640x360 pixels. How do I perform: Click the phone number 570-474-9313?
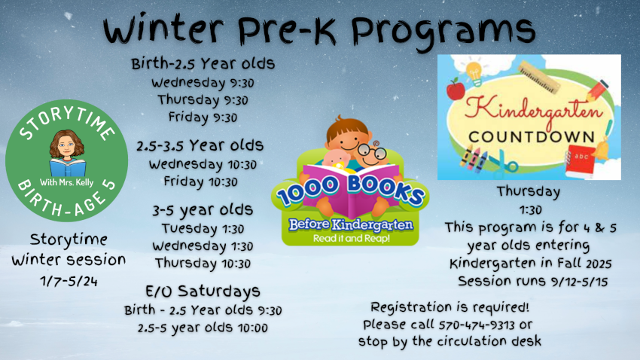click(x=477, y=325)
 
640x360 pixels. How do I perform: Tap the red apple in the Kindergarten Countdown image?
click(x=456, y=90)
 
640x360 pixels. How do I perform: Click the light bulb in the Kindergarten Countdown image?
click(x=474, y=73)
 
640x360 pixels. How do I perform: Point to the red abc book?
click(x=580, y=160)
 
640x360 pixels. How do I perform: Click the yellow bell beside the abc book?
click(x=602, y=150)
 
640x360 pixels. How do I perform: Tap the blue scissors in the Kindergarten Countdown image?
click(x=503, y=163)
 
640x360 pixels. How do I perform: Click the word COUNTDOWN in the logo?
click(x=531, y=137)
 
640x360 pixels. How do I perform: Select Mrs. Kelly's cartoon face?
click(x=66, y=145)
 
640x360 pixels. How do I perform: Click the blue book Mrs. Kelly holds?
click(x=67, y=167)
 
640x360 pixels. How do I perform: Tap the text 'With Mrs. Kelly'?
click(x=66, y=182)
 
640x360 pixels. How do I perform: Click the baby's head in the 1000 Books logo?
click(x=337, y=160)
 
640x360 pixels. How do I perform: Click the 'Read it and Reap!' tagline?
click(x=352, y=238)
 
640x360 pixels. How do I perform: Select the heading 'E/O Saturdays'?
click(x=203, y=291)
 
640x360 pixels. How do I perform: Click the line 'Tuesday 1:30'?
click(x=203, y=228)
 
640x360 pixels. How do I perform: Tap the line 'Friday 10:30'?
click(x=200, y=182)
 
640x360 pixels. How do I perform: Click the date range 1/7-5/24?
click(x=69, y=281)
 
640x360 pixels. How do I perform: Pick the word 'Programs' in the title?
click(x=443, y=31)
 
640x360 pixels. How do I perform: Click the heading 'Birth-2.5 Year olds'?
click(x=203, y=64)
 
